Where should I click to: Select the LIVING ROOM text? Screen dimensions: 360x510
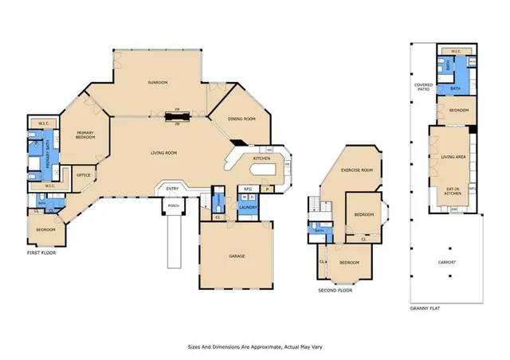pos(163,153)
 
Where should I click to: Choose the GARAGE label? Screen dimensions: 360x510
pos(237,256)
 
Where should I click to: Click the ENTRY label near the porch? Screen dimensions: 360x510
pos(172,189)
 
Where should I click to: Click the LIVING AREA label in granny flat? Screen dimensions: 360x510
pos(453,157)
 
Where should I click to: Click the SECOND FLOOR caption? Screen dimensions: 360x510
pos(335,291)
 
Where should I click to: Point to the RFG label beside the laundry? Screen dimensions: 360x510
pos(247,189)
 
